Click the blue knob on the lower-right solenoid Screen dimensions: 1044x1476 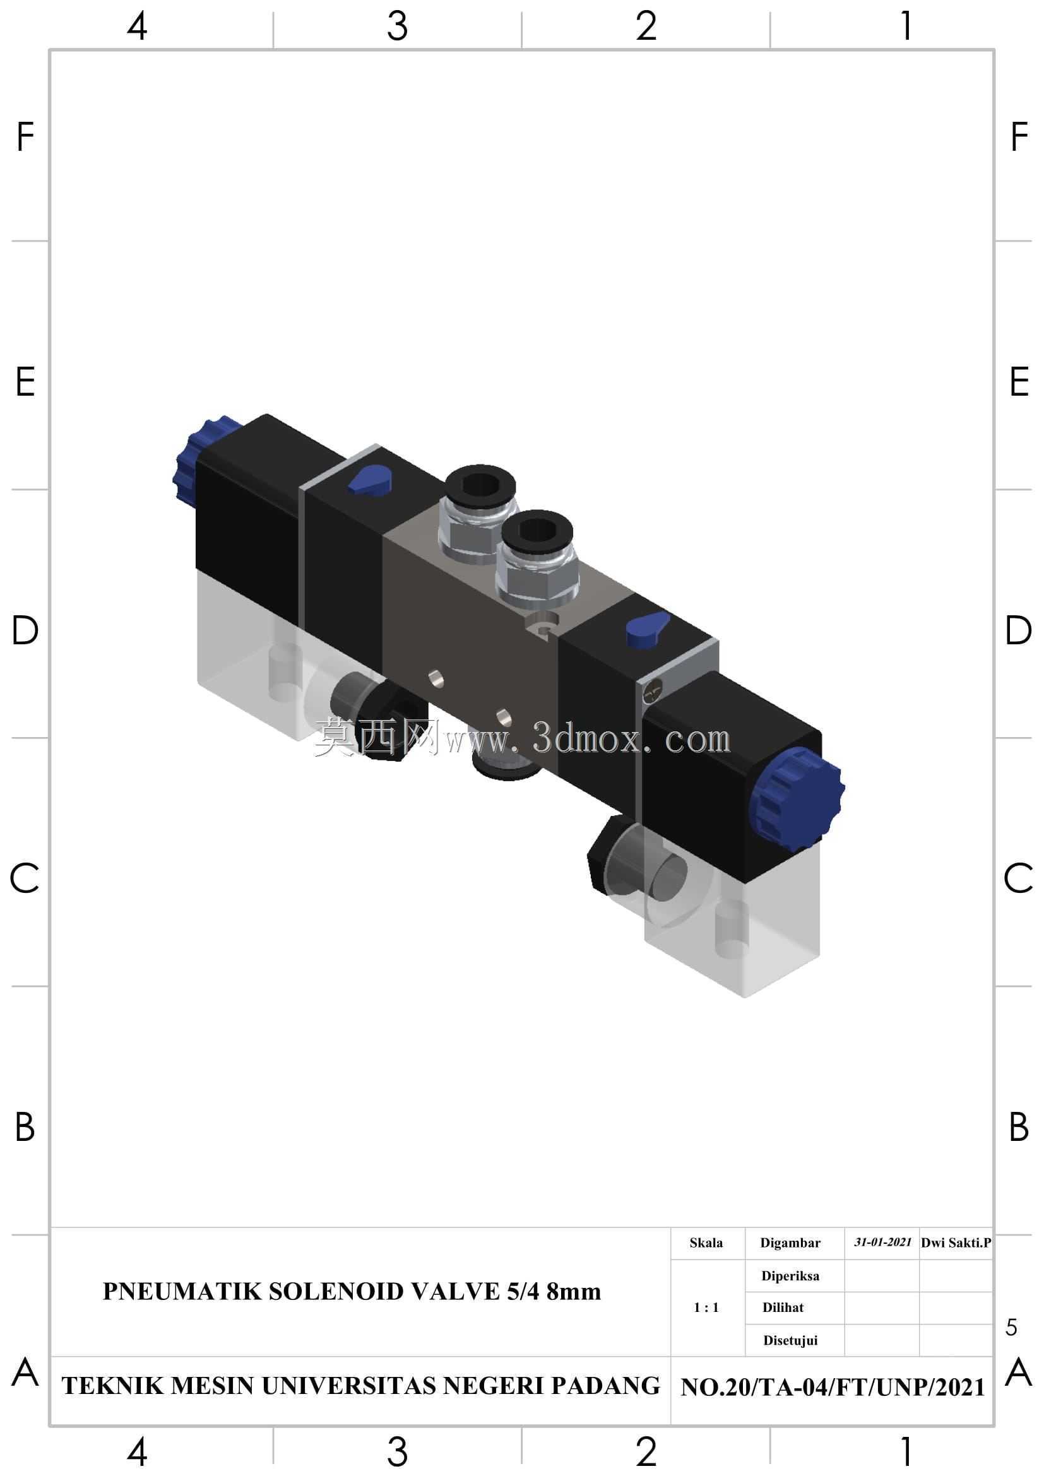coord(796,799)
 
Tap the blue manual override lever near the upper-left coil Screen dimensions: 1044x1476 coord(369,480)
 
